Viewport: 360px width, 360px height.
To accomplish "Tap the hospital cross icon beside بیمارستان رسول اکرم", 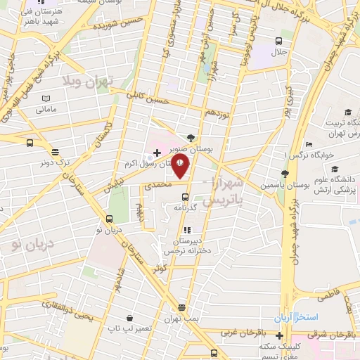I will tap(156, 152).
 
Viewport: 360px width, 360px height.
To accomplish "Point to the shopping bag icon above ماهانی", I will tap(46, 98).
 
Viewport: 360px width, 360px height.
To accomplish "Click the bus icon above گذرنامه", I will tap(185, 196).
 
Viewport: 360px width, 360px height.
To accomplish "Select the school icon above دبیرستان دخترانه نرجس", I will tap(186, 230).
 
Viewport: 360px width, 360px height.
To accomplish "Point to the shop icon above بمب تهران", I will tap(182, 307).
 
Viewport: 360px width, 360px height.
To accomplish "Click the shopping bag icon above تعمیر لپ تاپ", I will tap(129, 317).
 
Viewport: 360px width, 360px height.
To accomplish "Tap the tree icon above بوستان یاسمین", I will tap(285, 174).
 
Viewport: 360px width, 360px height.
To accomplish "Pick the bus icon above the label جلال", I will tap(279, 40).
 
